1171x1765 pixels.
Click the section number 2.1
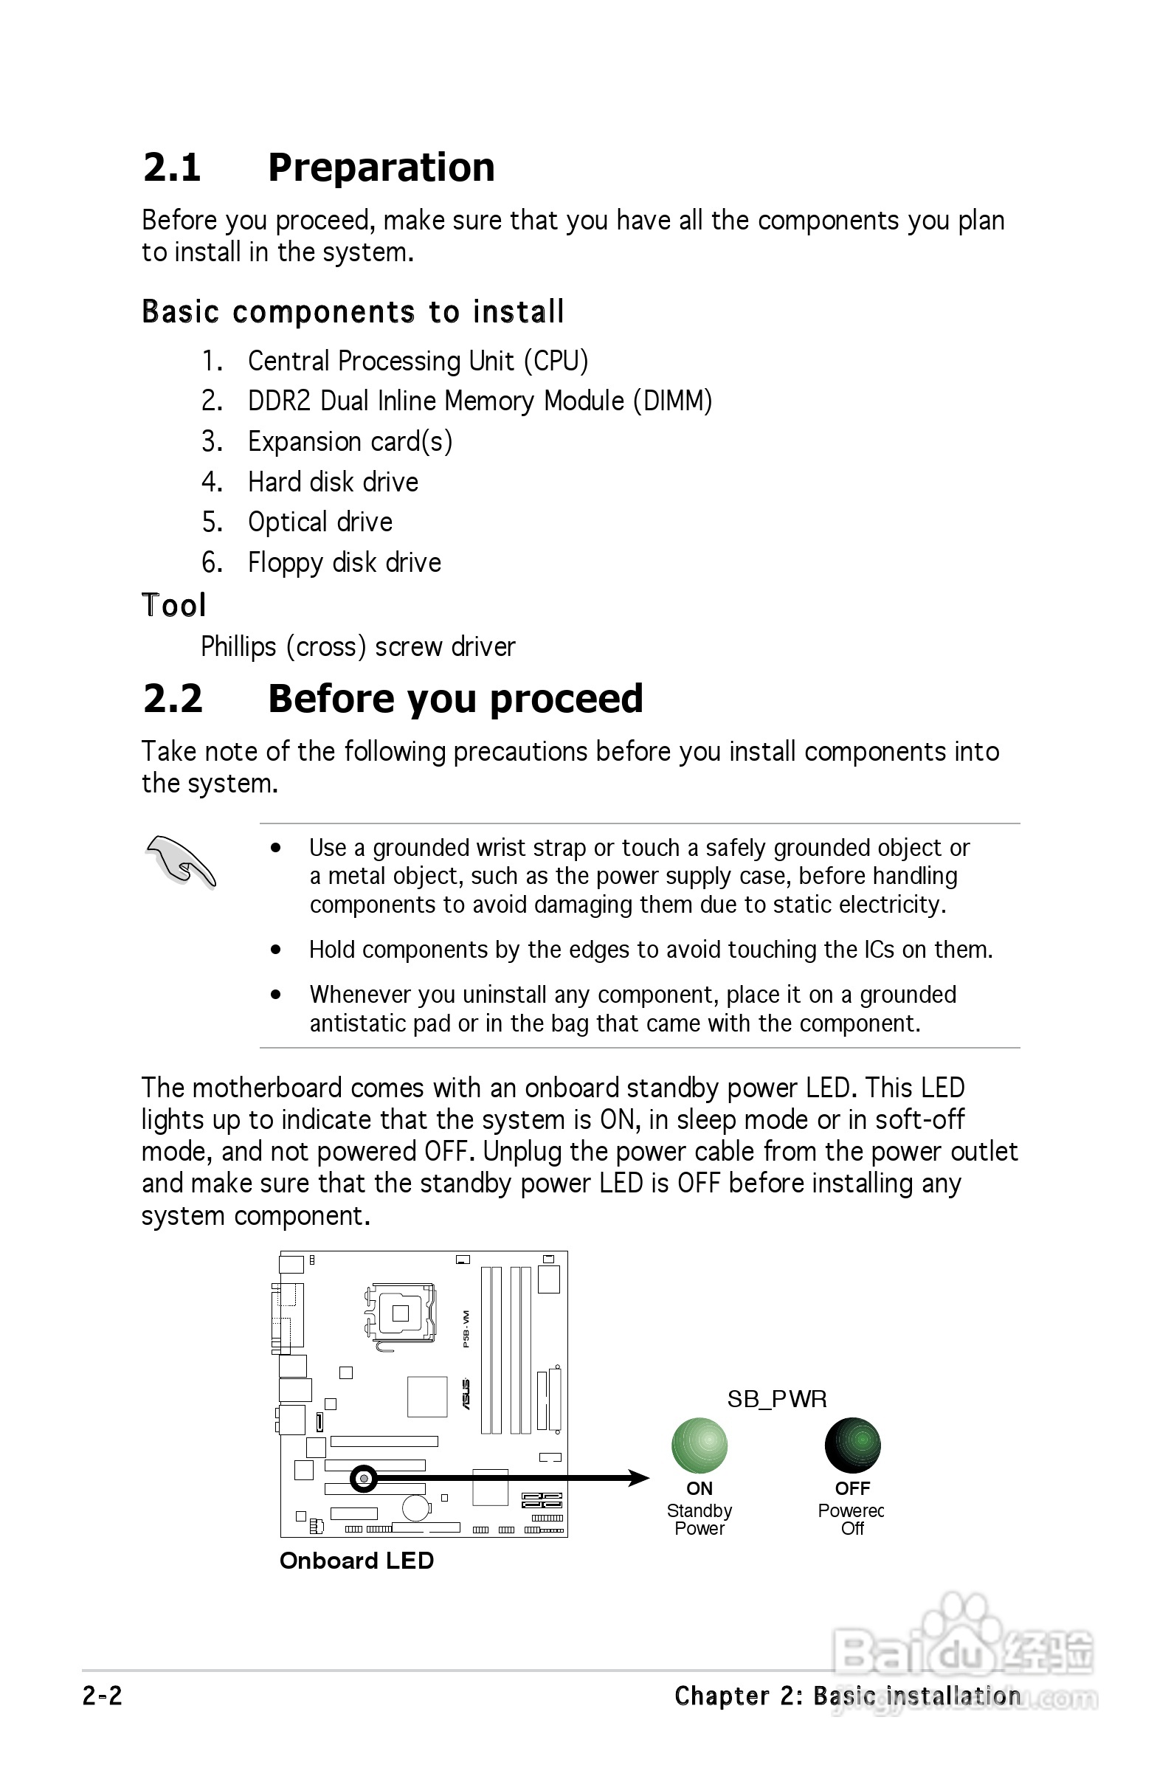click(x=172, y=167)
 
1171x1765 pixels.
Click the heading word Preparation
click(x=381, y=167)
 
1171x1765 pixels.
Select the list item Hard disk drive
click(x=332, y=483)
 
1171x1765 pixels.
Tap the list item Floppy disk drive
click(x=345, y=563)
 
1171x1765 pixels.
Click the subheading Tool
click(x=173, y=606)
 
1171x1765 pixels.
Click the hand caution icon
click(x=180, y=862)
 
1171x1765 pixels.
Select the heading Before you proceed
click(x=455, y=699)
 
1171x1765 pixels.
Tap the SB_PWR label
click(x=777, y=1398)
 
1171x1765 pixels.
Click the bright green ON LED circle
click(x=699, y=1445)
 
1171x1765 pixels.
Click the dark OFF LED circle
click(x=852, y=1445)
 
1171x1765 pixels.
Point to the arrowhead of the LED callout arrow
click(x=639, y=1477)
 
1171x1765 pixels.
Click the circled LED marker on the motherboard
click(x=364, y=1478)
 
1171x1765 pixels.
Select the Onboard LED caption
click(x=356, y=1561)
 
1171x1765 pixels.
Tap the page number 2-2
click(x=103, y=1696)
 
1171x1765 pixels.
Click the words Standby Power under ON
click(x=699, y=1519)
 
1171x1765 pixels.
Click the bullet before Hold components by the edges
click(x=276, y=950)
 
